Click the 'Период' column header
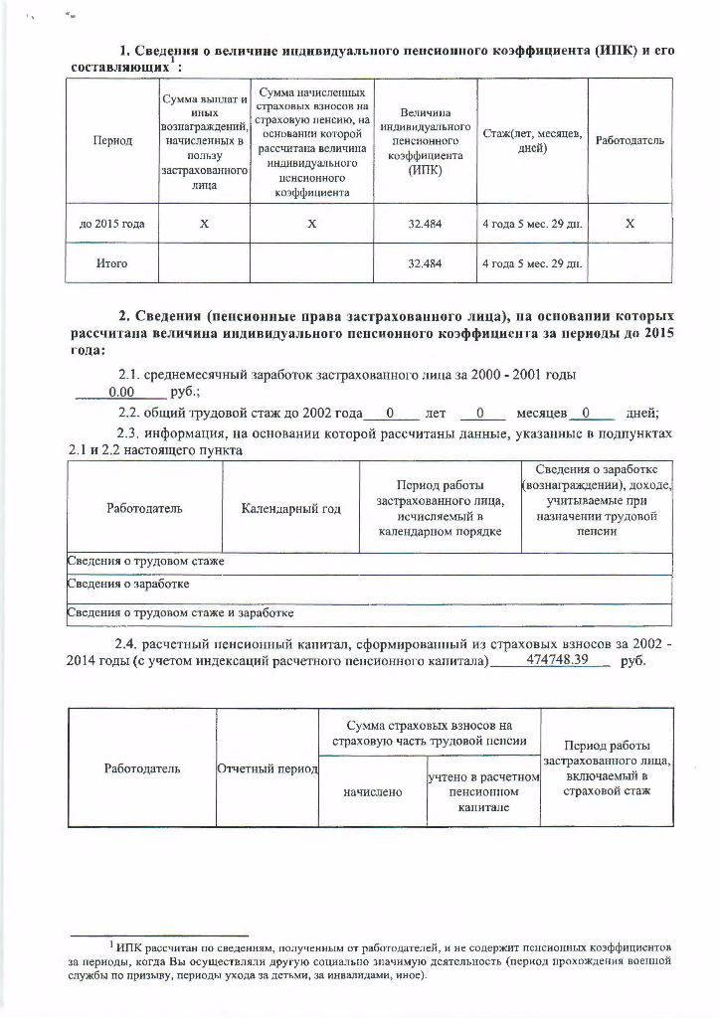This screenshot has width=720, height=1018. click(x=112, y=141)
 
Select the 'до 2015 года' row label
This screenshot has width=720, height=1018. click(x=112, y=225)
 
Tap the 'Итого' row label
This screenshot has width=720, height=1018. click(x=112, y=264)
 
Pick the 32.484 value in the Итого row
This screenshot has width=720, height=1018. click(x=425, y=264)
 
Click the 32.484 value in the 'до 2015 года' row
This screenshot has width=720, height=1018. click(x=425, y=225)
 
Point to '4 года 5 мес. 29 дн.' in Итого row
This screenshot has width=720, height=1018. click(x=531, y=264)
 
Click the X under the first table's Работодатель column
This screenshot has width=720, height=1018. click(x=630, y=225)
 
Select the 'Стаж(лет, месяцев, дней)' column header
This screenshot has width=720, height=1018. click(x=531, y=141)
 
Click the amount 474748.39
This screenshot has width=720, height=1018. click(x=557, y=660)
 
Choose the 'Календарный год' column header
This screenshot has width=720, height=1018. click(x=290, y=509)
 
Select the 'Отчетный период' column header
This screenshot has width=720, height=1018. click(x=267, y=769)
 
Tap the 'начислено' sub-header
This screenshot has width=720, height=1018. click(x=372, y=792)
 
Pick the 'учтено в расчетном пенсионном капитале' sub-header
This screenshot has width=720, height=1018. click(x=483, y=793)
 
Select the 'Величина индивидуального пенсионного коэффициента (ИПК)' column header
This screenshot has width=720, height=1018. click(x=425, y=141)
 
